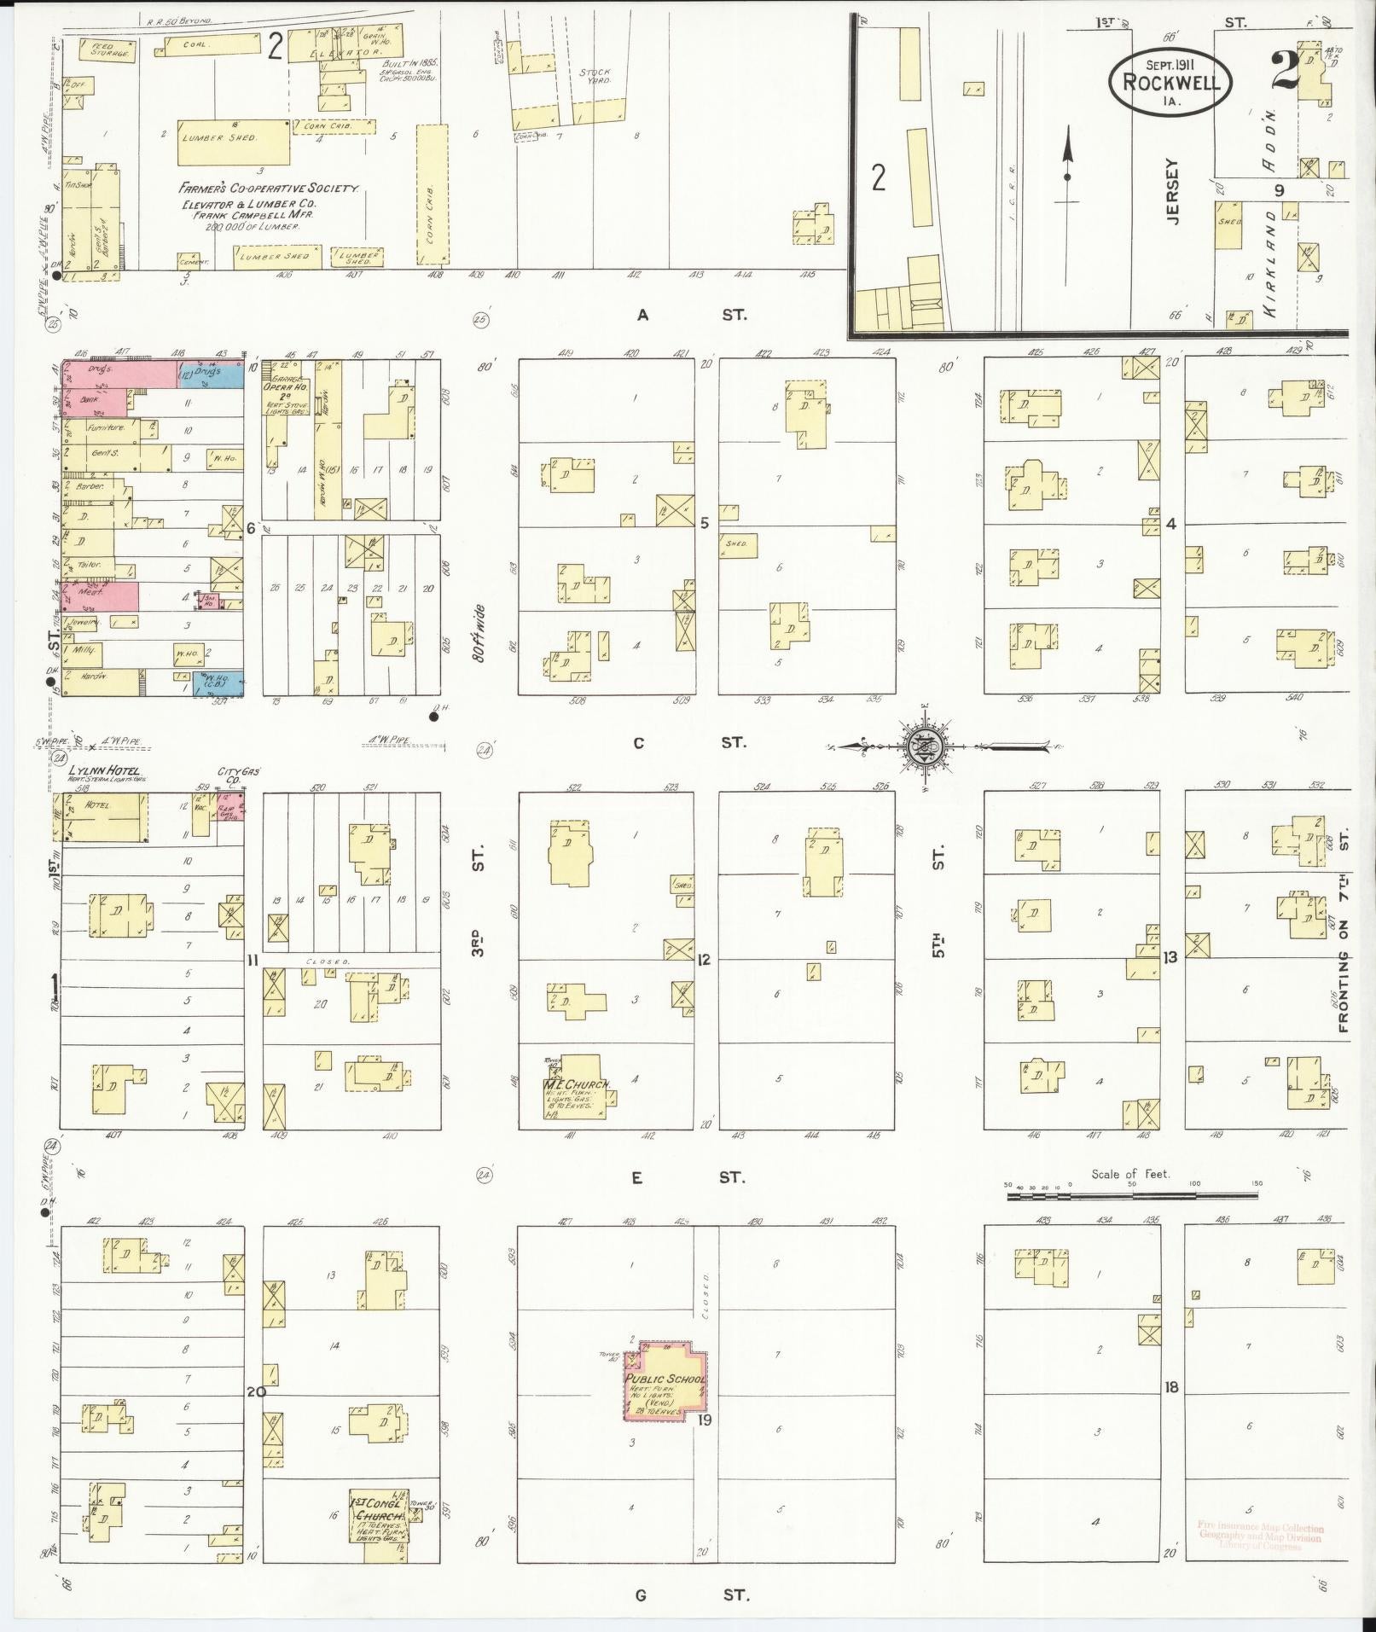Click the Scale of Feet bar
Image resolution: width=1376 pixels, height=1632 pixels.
pyautogui.click(x=1131, y=1197)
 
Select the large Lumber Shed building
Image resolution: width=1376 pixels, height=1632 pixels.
pyautogui.click(x=233, y=142)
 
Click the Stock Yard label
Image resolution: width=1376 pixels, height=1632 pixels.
pyautogui.click(x=595, y=78)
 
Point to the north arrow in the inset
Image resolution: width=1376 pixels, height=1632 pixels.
pyautogui.click(x=1066, y=171)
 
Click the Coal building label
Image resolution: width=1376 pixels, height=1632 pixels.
pyautogui.click(x=198, y=44)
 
